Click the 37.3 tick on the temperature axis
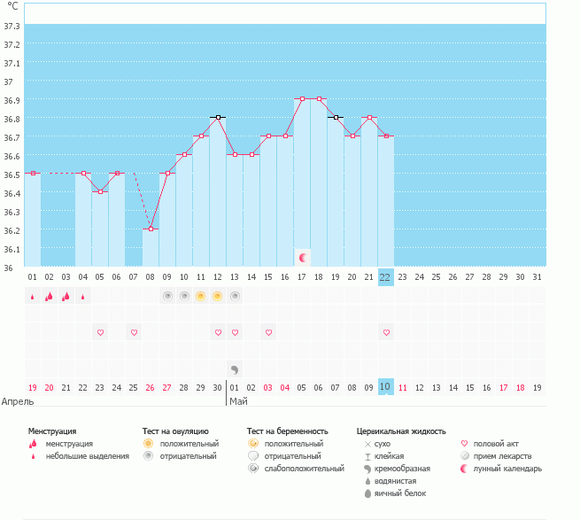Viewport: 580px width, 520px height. click(12, 26)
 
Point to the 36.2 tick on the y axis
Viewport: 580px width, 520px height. click(12, 230)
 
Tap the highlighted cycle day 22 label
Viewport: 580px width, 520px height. click(385, 277)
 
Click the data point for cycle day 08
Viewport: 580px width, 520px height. click(151, 229)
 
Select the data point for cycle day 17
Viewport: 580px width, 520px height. click(302, 99)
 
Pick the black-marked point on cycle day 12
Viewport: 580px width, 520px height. click(218, 117)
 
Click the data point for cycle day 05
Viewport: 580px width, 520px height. click(100, 191)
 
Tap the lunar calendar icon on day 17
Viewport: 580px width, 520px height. click(303, 257)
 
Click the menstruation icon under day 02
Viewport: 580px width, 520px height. click(50, 297)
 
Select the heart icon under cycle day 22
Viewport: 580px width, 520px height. click(386, 332)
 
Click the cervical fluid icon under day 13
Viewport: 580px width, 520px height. click(235, 369)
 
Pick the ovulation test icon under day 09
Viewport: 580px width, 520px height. click(167, 296)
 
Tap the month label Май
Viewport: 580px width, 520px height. click(238, 401)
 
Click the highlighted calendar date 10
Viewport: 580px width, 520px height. click(385, 387)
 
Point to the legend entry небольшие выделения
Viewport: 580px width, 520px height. click(87, 456)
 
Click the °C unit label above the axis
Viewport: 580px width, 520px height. click(12, 6)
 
